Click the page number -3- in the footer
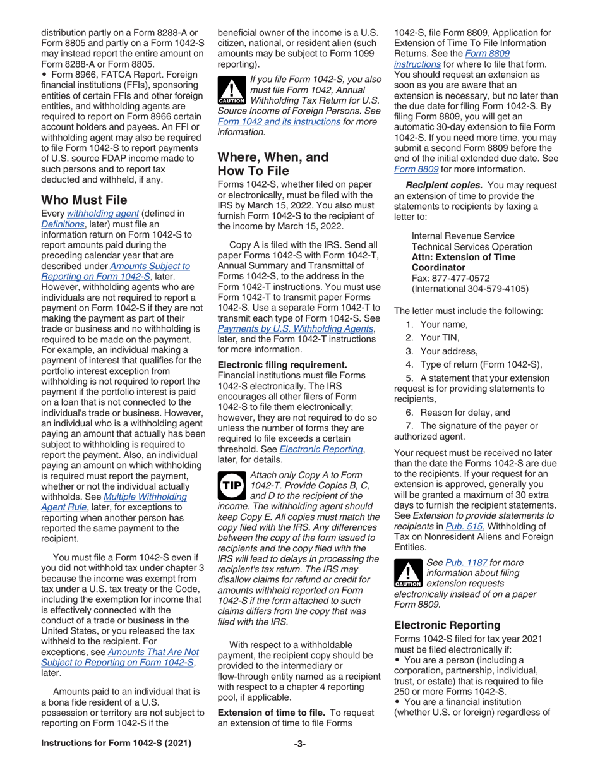pyautogui.click(x=299, y=762)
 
